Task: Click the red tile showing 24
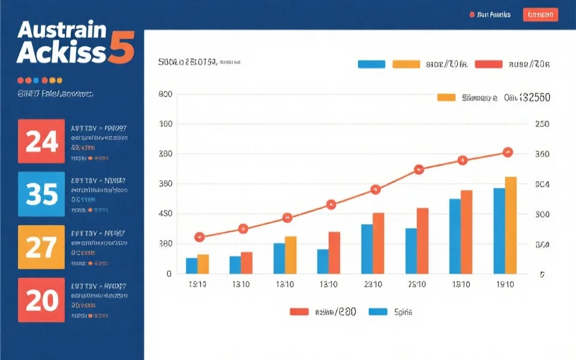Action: click(x=41, y=141)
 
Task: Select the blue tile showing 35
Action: click(x=41, y=194)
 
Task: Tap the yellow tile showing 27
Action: click(x=41, y=247)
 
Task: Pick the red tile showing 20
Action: click(x=41, y=299)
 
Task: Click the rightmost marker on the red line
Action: click(x=508, y=152)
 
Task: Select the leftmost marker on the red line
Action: click(x=200, y=237)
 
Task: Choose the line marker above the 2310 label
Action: click(x=376, y=190)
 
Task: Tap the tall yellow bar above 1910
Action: click(x=511, y=225)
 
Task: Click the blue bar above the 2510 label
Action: click(x=411, y=251)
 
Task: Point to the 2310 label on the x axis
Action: click(x=373, y=284)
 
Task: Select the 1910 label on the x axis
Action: click(x=505, y=284)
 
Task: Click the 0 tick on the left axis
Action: click(x=169, y=274)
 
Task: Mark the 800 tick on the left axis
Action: click(x=166, y=95)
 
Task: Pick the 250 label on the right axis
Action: click(x=542, y=124)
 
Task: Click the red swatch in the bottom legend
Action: click(x=299, y=311)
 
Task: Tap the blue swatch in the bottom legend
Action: click(x=378, y=311)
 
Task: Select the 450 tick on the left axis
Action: click(x=166, y=214)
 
